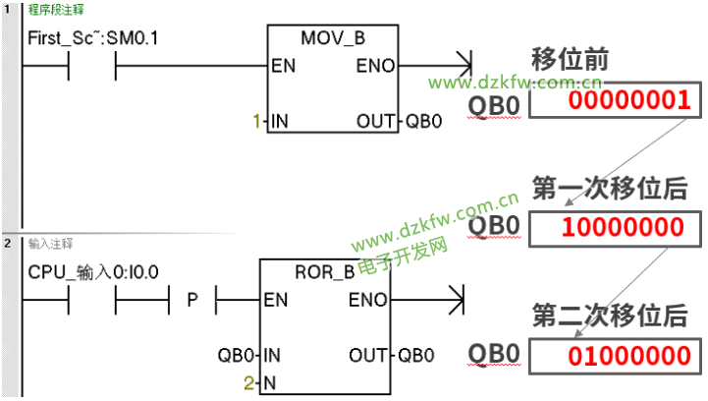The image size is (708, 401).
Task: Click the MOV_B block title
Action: coord(333,39)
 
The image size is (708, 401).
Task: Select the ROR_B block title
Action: coord(324,272)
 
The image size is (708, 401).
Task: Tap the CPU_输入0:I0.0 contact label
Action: coord(95,270)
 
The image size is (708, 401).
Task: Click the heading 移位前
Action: coord(570,58)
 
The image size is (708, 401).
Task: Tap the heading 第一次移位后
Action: coord(610,189)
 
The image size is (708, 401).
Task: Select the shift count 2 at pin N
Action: coord(247,381)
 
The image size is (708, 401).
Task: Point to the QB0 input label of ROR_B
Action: coord(237,354)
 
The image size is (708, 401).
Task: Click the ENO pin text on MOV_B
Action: coord(375,67)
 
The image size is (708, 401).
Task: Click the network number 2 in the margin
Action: coord(8,243)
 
